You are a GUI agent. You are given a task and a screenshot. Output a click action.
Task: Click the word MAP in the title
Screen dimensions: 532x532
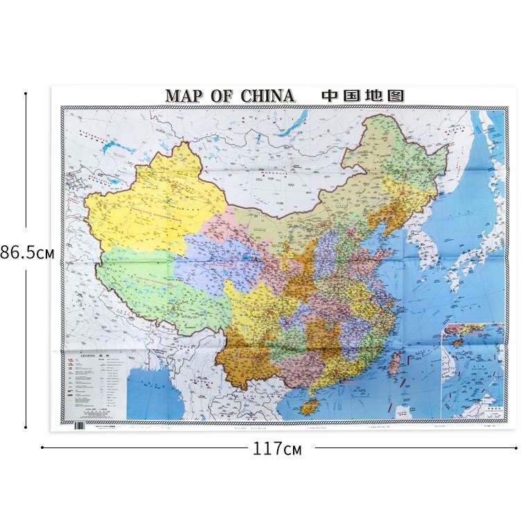pos(184,96)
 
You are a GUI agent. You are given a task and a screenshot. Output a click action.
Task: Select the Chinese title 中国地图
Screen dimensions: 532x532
pos(363,96)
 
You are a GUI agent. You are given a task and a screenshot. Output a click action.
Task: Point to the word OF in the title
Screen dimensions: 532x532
pos(222,96)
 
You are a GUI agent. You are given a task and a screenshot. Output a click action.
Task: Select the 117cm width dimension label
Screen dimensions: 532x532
pos(277,448)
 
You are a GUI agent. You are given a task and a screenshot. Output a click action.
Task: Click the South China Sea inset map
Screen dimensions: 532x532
pos(473,371)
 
